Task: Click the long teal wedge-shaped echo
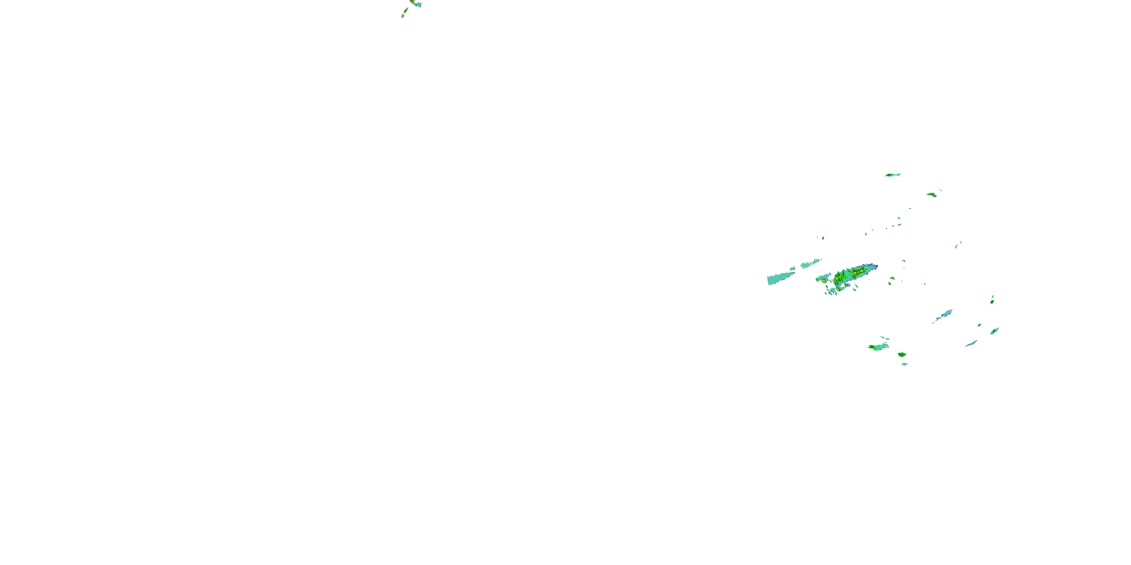[x=781, y=278]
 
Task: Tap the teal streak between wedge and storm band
[x=811, y=264]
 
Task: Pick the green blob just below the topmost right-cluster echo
[x=932, y=194]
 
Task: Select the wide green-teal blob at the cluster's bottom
[x=878, y=347]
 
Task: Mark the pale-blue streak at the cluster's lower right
[x=971, y=343]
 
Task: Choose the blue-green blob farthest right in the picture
[x=995, y=331]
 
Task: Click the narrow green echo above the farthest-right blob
[x=992, y=300]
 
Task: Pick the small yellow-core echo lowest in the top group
[x=402, y=16]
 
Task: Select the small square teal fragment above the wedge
[x=792, y=269]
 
